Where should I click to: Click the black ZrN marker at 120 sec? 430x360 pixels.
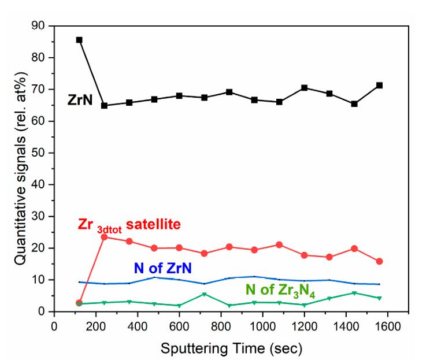[79, 40]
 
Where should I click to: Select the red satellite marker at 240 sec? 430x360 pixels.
[104, 237]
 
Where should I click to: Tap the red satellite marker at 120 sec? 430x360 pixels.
[79, 302]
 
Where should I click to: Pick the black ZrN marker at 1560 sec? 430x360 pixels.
[379, 85]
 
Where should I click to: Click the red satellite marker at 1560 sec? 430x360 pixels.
[379, 261]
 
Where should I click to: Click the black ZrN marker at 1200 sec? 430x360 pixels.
[304, 88]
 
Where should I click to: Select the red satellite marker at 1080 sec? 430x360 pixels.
[279, 245]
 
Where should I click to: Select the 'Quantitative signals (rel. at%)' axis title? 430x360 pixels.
[20, 168]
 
